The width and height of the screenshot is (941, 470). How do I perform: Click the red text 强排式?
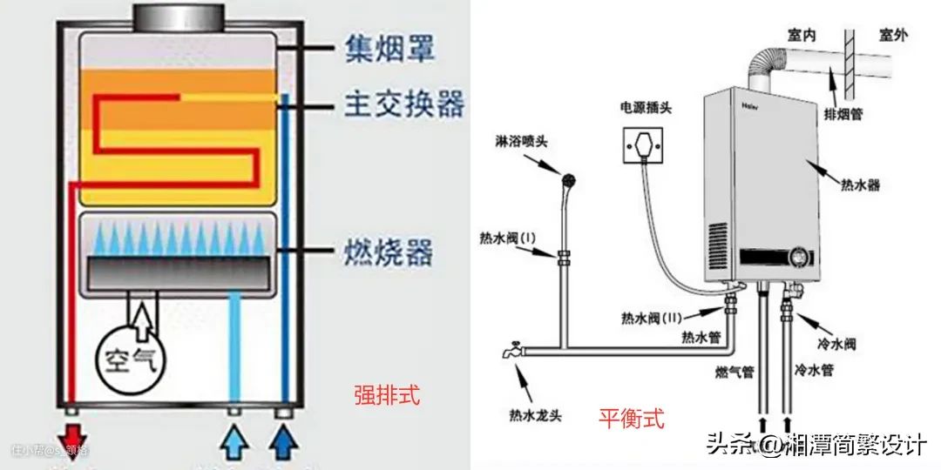click(x=386, y=396)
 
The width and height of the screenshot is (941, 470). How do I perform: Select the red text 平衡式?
click(x=631, y=419)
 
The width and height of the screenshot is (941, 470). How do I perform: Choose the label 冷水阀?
click(x=837, y=344)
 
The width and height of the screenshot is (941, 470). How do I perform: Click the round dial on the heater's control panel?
click(x=796, y=258)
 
